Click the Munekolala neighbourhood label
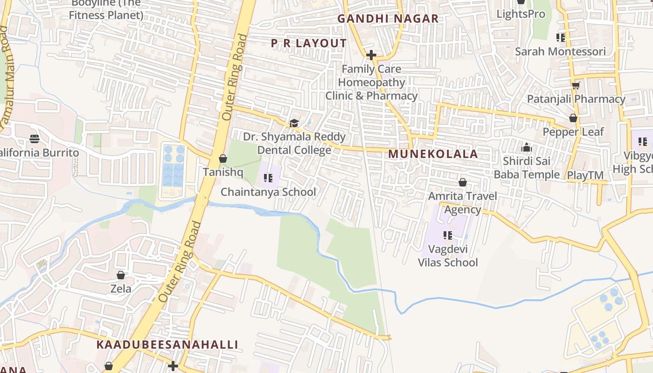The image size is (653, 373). pos(433,154)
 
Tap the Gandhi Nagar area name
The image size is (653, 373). pos(388,19)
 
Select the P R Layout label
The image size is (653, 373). pos(309,43)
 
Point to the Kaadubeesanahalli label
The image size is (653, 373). pos(167,345)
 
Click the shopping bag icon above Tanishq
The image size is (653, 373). pos(223,159)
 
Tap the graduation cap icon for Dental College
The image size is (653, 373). pos(294,123)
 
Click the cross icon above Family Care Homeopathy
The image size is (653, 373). pos(371,55)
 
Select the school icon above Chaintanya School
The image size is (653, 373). pos(268,178)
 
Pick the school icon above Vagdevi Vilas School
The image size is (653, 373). pos(448,235)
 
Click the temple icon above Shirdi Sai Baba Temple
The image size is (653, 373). pos(527,147)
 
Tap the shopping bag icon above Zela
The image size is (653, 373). pos(121,275)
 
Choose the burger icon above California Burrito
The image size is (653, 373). pos(35,138)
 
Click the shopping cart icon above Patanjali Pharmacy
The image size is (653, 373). pos(576,85)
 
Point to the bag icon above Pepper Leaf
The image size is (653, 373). pos(573,118)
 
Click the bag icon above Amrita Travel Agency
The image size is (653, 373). pos(463,182)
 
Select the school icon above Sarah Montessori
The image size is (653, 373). pos(560,37)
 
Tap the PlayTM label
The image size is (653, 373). pos(585,175)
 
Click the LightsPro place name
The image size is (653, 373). pos(521,14)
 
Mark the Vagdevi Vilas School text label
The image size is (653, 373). pos(448,256)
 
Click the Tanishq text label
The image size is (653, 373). pos(223,172)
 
